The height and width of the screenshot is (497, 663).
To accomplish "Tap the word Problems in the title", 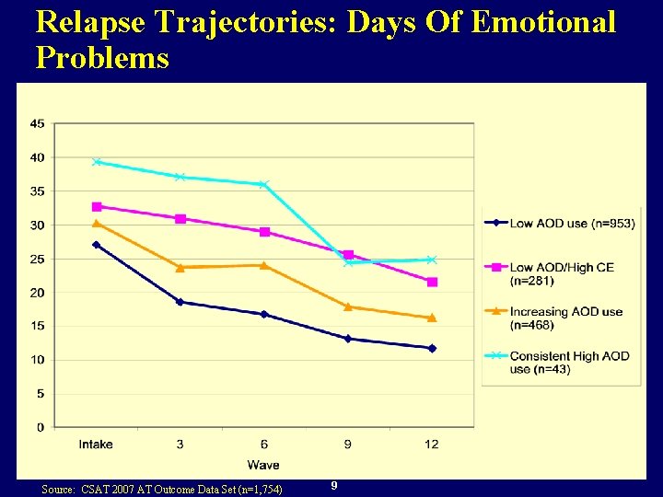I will pyautogui.click(x=102, y=58).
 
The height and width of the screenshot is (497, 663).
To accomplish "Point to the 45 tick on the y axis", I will pyautogui.click(x=37, y=123).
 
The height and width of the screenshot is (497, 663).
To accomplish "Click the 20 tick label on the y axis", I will pyautogui.click(x=37, y=293).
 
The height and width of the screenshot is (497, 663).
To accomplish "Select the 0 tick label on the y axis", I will pyautogui.click(x=41, y=427).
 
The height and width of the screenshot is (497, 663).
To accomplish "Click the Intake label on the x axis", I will pyautogui.click(x=96, y=445).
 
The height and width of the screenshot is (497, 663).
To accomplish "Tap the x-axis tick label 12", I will pyautogui.click(x=432, y=445).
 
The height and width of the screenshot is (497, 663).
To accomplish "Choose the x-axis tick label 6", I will pyautogui.click(x=264, y=445).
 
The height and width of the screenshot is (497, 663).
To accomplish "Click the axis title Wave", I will pyautogui.click(x=263, y=465).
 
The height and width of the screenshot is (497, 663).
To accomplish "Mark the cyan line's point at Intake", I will pyautogui.click(x=96, y=162).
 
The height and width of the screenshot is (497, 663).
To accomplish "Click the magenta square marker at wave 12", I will pyautogui.click(x=432, y=282).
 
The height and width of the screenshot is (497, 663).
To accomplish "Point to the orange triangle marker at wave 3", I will pyautogui.click(x=180, y=268).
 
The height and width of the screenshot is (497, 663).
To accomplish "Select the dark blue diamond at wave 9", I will pyautogui.click(x=348, y=339).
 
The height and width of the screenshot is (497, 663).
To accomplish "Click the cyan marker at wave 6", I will pyautogui.click(x=264, y=185).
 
